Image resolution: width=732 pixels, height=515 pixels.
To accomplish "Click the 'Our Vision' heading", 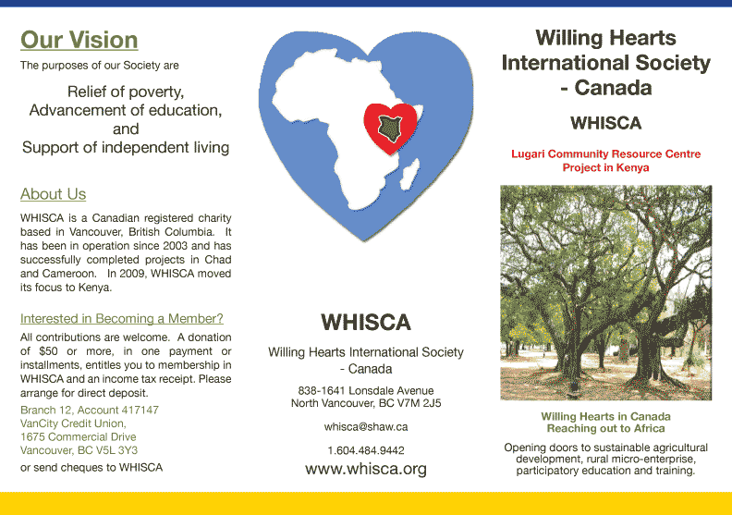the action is [79, 40].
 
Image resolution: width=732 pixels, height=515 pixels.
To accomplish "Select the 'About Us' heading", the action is [54, 194].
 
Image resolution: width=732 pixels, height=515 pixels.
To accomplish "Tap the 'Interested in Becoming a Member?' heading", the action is [122, 318].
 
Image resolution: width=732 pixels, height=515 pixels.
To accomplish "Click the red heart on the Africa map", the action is [390, 128].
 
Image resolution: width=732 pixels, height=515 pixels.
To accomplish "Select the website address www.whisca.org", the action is [366, 469].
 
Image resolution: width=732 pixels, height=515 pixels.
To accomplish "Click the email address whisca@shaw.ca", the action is [366, 427].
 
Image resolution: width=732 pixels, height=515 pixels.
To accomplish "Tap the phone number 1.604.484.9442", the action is [366, 450].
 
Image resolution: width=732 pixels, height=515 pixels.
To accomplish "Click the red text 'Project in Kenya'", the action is [605, 167].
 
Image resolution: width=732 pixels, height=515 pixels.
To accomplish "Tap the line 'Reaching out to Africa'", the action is [606, 429].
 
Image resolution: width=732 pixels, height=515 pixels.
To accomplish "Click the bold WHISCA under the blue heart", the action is [366, 322].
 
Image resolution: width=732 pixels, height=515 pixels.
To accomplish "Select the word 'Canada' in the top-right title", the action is [613, 88].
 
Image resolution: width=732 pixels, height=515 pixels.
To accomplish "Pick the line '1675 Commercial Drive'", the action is [79, 437].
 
